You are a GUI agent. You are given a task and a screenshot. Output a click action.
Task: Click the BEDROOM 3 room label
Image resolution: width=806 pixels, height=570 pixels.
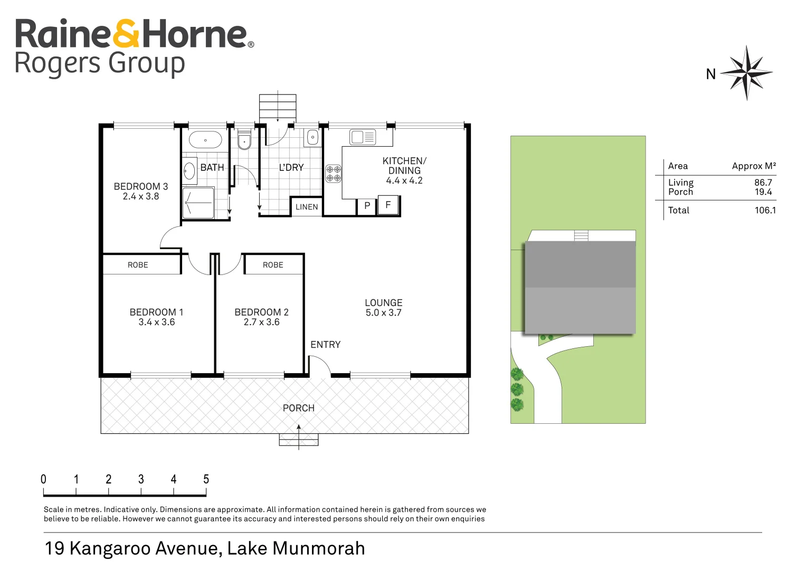(140, 187)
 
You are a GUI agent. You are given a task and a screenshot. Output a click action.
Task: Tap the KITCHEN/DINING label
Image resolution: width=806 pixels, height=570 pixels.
(404, 166)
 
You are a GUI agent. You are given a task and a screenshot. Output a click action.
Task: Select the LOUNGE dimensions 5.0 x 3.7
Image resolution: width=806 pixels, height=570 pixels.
(383, 313)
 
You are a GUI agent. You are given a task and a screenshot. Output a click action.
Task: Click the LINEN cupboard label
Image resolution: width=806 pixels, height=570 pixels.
(307, 207)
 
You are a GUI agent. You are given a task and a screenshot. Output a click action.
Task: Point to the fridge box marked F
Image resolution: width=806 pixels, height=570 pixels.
(388, 205)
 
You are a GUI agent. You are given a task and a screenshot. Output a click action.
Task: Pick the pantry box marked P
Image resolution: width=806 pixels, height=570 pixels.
(367, 206)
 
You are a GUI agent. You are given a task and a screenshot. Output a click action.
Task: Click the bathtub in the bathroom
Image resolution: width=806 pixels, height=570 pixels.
(205, 140)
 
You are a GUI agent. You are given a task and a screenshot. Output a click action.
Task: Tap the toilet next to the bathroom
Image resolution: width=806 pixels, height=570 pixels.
(244, 140)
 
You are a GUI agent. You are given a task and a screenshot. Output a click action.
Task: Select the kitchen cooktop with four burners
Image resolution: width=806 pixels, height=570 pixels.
(333, 174)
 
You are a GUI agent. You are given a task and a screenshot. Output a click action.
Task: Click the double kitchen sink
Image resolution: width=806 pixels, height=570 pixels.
(363, 137)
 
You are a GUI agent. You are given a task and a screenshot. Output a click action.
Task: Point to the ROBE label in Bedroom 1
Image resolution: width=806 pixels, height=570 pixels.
(138, 265)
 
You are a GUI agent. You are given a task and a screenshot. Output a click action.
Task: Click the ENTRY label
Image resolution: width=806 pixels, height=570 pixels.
(325, 345)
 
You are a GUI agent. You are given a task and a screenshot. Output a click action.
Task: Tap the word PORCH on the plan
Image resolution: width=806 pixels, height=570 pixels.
(298, 408)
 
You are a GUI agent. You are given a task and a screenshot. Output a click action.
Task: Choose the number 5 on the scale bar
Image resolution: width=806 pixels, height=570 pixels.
(206, 479)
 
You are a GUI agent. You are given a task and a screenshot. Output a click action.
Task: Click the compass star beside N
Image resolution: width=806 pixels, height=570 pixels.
(746, 72)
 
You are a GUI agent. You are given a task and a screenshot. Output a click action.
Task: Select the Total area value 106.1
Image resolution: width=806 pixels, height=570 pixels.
(765, 210)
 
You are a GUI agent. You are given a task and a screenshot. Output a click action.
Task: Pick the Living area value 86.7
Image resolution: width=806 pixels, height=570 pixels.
(763, 183)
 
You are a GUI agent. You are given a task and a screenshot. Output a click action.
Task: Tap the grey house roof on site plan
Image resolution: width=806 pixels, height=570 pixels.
(580, 287)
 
